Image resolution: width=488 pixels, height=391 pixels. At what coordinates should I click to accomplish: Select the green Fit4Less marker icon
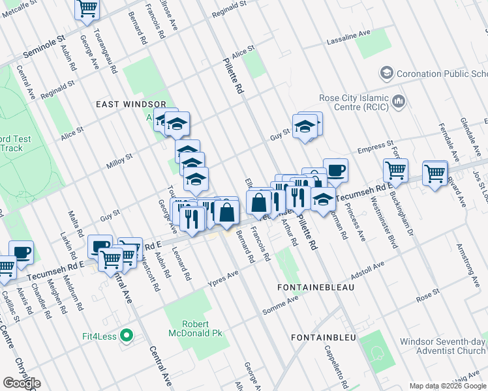[128, 336]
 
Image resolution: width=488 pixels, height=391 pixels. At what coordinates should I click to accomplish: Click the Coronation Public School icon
[386, 72]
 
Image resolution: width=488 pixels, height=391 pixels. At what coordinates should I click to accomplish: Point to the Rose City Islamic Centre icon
[398, 102]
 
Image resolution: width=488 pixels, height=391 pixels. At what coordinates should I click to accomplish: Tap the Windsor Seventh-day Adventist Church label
[443, 346]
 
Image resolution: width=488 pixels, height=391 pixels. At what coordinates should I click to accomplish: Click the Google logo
[22, 383]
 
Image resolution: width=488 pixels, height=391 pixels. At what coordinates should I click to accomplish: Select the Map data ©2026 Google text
[447, 386]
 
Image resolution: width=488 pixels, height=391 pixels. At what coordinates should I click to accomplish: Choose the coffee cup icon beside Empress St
[335, 170]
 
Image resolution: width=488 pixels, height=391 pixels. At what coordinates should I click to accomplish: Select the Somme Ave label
[281, 303]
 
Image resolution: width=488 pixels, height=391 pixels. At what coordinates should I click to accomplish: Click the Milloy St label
[119, 160]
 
